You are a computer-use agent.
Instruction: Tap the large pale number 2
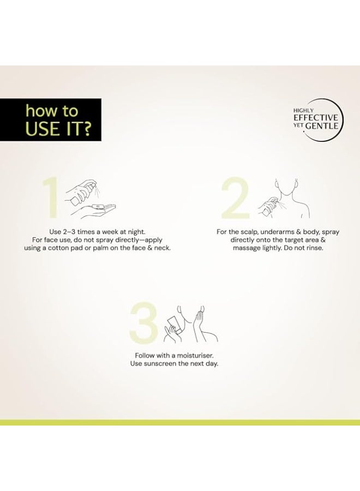coord(235,198)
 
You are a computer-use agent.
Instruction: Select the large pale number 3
coord(143,322)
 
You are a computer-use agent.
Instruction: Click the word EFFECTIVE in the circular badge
coord(316,118)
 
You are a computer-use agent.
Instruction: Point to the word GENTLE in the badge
coord(321,126)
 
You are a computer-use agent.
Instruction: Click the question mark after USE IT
coord(86,128)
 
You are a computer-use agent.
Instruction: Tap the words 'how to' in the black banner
coord(52,111)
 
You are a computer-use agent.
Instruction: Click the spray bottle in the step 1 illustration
coord(83,193)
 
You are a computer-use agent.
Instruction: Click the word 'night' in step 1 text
coord(137,232)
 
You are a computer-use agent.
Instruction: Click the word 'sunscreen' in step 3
coord(160,364)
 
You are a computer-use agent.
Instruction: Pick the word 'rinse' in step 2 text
coord(314,248)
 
